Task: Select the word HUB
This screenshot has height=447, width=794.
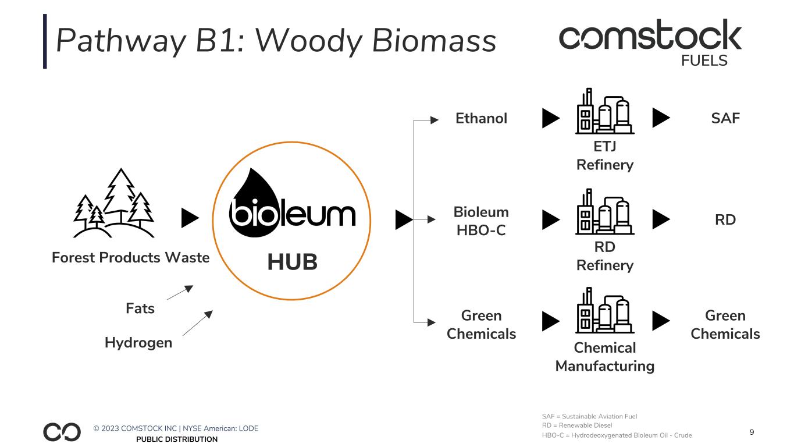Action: click(292, 262)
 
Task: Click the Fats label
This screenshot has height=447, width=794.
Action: click(140, 308)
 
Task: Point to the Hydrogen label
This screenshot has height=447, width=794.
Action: click(138, 342)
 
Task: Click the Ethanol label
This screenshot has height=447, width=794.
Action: click(481, 119)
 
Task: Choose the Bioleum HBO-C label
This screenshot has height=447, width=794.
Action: click(481, 221)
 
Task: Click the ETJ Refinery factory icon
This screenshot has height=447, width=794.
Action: click(605, 111)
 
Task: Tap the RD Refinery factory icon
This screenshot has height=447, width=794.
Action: click(605, 211)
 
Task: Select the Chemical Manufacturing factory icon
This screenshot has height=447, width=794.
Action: click(605, 311)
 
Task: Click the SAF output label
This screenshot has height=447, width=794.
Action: click(725, 119)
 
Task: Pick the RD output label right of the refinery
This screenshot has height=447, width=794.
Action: click(725, 220)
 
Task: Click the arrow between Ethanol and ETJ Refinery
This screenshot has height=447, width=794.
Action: click(550, 119)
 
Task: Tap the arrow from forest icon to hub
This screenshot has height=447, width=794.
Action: click(190, 218)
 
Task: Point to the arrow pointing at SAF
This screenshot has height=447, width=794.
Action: click(661, 119)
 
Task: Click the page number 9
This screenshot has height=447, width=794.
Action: click(752, 432)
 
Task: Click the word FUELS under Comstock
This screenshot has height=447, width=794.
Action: click(704, 61)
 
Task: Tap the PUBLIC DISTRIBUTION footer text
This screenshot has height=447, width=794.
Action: click(177, 439)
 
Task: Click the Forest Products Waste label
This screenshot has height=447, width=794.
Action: click(131, 257)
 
